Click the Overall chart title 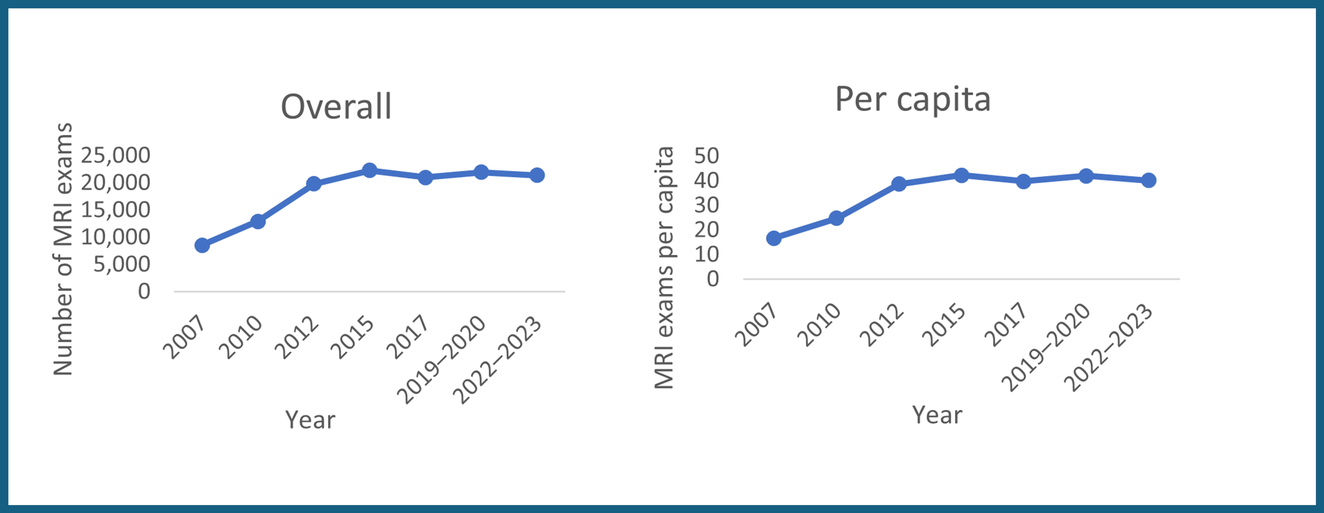click(x=336, y=107)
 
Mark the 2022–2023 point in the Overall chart click(x=537, y=175)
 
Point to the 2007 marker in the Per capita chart click(x=774, y=238)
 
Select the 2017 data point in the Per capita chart click(x=1023, y=181)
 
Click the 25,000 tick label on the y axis click(x=115, y=155)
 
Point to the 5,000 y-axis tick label click(x=121, y=264)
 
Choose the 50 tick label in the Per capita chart click(x=706, y=156)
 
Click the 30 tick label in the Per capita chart click(x=706, y=205)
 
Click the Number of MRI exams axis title click(x=63, y=249)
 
